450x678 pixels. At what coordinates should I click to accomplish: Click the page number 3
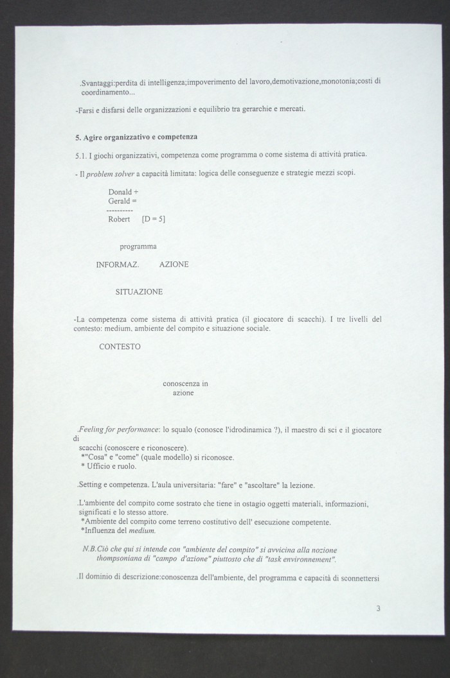coord(379,608)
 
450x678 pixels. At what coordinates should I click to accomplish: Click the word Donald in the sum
coord(120,192)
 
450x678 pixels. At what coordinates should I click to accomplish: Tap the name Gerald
coord(119,201)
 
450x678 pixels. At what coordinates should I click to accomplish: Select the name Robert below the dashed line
coord(119,219)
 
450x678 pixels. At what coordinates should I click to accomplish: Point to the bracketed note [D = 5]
coord(153,219)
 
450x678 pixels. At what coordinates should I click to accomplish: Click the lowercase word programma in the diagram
coord(138,246)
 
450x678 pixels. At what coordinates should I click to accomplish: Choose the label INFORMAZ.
coord(118,265)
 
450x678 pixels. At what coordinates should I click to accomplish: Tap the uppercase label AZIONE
coord(174,265)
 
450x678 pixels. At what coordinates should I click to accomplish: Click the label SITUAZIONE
coord(139,291)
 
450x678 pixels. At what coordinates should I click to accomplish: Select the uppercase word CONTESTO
coord(120,346)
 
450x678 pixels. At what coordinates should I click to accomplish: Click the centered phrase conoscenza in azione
coord(184,388)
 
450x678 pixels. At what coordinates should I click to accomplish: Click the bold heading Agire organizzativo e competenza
coord(140,137)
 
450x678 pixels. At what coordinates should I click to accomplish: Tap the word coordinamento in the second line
coord(103,92)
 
